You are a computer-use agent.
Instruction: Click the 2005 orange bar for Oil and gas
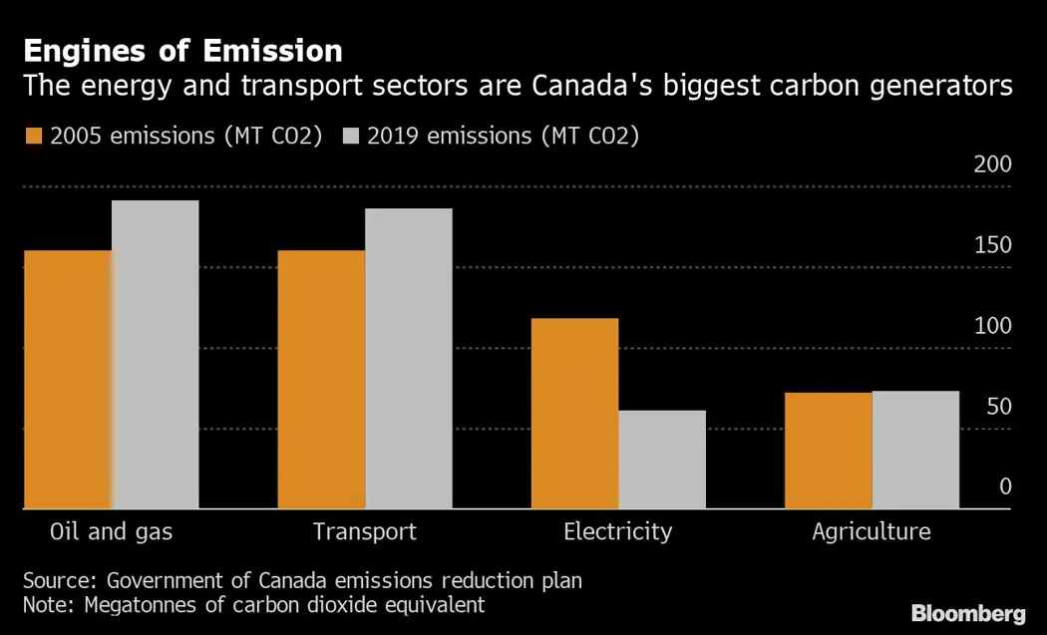point(67,380)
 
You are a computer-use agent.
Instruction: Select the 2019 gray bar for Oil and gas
point(155,355)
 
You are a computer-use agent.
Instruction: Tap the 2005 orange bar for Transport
point(321,380)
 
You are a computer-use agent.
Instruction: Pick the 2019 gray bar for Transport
point(409,359)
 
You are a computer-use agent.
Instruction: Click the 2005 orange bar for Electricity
point(574,414)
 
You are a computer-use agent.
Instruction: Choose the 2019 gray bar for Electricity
point(662,460)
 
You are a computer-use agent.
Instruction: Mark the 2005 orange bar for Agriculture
point(829,451)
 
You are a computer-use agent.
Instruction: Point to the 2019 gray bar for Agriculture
point(916,450)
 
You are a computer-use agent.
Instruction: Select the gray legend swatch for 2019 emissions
point(352,137)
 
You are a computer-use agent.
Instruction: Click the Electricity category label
point(617,531)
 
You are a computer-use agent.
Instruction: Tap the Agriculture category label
point(871,531)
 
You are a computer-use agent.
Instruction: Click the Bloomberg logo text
point(968,613)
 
